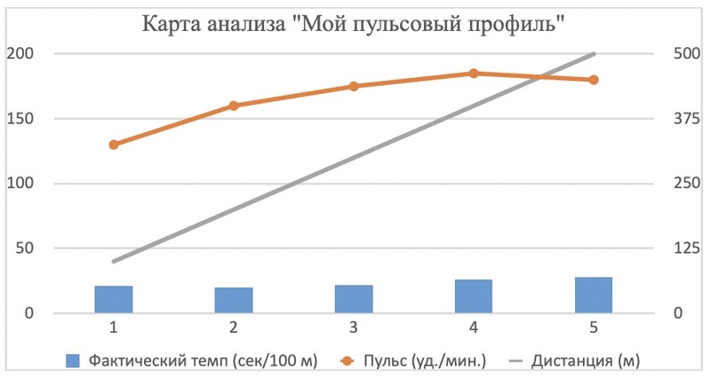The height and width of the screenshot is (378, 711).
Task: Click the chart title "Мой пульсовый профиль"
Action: pos(355,24)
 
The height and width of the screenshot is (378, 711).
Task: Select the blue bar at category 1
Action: pos(114,299)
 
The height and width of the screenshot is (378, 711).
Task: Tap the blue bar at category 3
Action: pos(354,299)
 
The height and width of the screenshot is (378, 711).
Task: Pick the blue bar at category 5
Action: pos(594,295)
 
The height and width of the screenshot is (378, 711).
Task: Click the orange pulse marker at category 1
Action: pos(114,145)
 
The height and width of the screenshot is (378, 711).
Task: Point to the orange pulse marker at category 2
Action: pos(234,106)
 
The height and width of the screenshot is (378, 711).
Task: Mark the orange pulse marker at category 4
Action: pos(474,74)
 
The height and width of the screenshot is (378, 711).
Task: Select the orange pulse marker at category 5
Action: pos(594,80)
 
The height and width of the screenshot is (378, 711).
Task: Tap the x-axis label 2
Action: pos(234,327)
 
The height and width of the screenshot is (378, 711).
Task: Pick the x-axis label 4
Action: pos(474,327)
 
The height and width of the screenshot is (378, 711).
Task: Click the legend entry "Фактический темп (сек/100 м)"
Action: pos(187,360)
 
